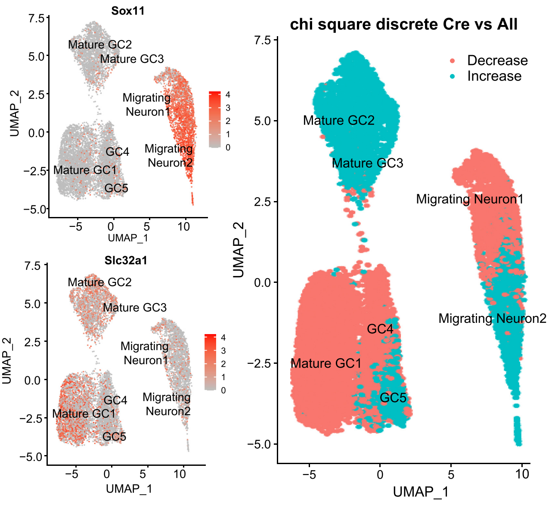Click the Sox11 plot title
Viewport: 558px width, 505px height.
click(128, 11)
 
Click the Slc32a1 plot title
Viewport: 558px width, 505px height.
click(126, 260)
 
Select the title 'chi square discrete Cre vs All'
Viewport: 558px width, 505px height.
click(403, 25)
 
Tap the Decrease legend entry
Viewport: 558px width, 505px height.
click(497, 61)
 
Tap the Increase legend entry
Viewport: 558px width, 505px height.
click(494, 76)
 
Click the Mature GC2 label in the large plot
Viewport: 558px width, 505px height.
click(338, 121)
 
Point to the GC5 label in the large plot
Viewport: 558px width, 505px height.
click(393, 398)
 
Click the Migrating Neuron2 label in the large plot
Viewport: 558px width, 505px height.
click(492, 319)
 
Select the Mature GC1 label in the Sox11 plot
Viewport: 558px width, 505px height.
click(85, 170)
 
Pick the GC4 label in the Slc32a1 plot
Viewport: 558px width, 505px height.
click(115, 400)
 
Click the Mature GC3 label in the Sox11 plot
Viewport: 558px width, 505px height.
click(132, 59)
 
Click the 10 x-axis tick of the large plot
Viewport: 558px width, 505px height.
click(522, 474)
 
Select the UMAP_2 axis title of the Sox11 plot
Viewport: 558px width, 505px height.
click(15, 114)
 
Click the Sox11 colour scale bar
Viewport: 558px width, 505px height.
click(214, 119)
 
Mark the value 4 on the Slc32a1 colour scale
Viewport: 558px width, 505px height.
click(223, 338)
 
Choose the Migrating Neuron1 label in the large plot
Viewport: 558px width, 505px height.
click(469, 199)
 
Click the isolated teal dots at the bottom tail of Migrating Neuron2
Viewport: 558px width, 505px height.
click(518, 431)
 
